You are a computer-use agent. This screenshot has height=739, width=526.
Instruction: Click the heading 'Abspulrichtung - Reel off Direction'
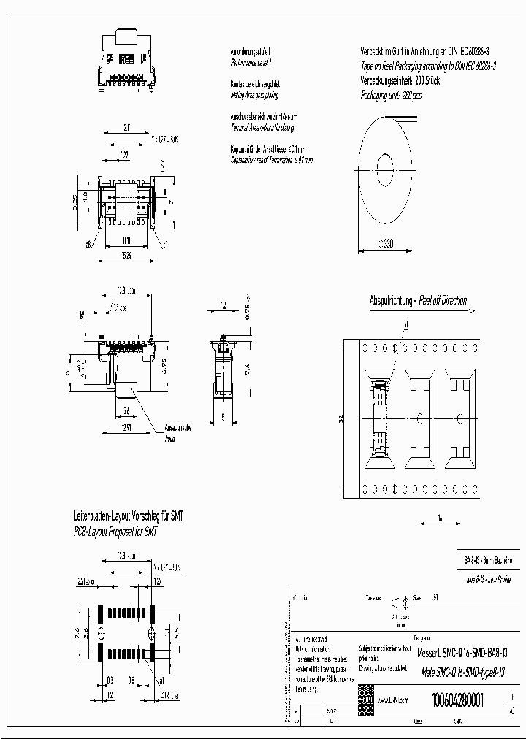pos(418,300)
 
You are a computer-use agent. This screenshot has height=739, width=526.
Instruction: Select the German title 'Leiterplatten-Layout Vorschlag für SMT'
pos(129,516)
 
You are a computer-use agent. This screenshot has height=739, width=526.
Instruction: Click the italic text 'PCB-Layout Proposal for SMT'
pos(115,532)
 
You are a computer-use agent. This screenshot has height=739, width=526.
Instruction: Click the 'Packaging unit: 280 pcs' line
pos(392,95)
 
